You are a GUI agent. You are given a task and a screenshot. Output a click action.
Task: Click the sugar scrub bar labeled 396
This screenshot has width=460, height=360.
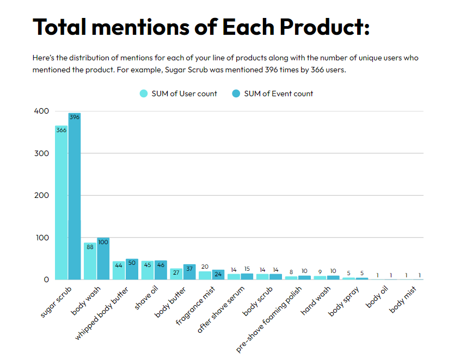[x=74, y=196]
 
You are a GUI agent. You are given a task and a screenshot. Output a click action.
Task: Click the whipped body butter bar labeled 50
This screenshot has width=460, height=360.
[x=132, y=269]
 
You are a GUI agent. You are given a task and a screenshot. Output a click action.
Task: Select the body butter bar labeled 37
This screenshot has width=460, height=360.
[x=189, y=272]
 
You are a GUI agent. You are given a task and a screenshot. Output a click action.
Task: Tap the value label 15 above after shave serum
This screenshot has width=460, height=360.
[x=247, y=269]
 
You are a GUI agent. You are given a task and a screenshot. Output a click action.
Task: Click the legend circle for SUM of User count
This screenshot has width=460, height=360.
[x=144, y=94]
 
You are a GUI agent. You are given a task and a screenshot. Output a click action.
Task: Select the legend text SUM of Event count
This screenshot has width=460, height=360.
[x=278, y=94]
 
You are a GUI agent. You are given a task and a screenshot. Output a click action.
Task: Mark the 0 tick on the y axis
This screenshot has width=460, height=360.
[x=46, y=280]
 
